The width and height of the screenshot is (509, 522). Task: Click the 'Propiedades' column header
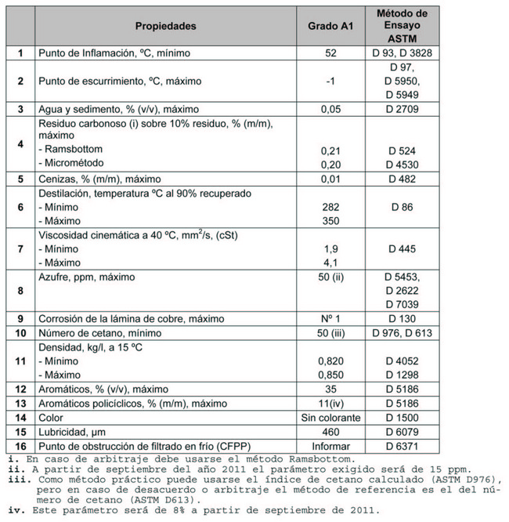[165, 26]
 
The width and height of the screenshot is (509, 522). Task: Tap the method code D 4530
[401, 164]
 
